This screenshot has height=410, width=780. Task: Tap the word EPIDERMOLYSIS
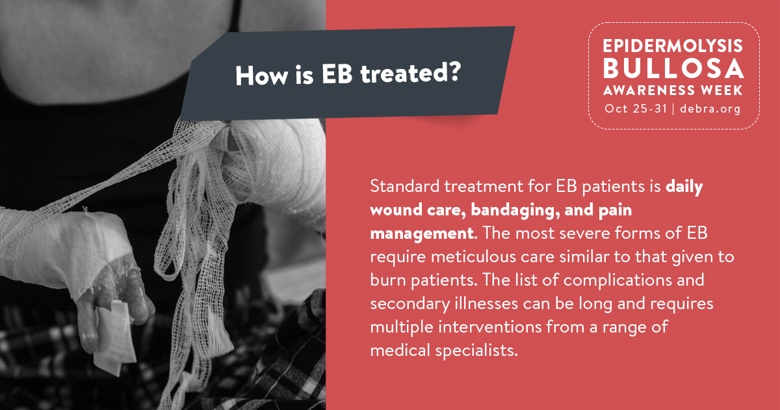(673, 46)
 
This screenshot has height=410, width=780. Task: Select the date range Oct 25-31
(636, 109)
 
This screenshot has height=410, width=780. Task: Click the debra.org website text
(710, 109)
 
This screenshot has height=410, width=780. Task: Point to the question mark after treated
(454, 71)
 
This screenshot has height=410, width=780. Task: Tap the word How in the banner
(261, 75)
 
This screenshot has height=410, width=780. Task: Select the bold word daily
(684, 187)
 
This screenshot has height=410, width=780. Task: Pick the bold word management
(422, 234)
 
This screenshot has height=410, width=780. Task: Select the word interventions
(489, 327)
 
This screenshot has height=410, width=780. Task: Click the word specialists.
(476, 350)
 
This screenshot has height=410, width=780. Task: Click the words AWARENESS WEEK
(673, 90)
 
